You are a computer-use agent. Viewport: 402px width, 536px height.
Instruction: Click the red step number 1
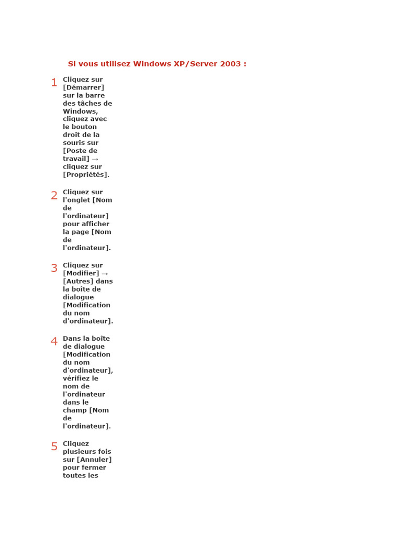pos(54,83)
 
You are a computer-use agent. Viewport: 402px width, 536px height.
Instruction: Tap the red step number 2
pos(54,196)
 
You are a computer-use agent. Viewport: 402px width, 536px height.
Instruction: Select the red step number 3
pos(54,269)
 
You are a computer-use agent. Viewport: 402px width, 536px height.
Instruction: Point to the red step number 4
pos(54,342)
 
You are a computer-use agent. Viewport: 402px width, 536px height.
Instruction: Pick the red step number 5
pos(54,447)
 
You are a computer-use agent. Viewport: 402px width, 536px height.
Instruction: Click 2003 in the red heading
pos(231,64)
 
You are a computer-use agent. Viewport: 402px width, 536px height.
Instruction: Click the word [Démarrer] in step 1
pos(83,87)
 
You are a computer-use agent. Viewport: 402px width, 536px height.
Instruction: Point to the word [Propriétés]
pos(86,175)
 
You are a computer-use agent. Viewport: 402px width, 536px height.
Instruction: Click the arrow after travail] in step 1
pos(95,159)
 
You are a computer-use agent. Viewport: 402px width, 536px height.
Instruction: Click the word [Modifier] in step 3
pos(81,273)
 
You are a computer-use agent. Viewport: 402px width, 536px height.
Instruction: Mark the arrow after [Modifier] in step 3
pos(105,273)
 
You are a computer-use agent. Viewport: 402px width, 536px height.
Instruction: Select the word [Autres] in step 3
pos(78,281)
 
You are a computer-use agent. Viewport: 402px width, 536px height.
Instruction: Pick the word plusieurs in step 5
pos(79,452)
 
